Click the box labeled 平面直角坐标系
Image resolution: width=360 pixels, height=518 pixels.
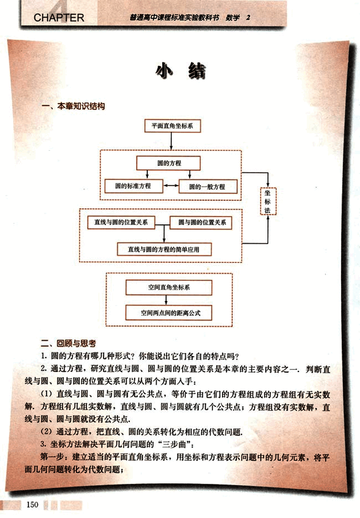(x=172, y=126)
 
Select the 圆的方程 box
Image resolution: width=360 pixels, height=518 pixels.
(x=169, y=163)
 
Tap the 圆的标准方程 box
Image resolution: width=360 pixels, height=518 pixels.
(x=134, y=186)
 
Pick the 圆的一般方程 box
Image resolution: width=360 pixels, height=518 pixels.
(x=208, y=187)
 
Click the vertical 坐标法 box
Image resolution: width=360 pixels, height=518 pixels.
(x=268, y=201)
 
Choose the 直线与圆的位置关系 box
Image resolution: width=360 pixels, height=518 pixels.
(x=121, y=223)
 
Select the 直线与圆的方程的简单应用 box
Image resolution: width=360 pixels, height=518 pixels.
(x=164, y=249)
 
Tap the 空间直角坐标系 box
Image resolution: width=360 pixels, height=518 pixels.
(x=169, y=287)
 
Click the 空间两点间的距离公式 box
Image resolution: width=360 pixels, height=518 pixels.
(x=169, y=312)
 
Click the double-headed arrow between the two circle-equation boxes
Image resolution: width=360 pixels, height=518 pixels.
(x=171, y=186)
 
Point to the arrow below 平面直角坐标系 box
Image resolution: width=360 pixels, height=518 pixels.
(x=172, y=141)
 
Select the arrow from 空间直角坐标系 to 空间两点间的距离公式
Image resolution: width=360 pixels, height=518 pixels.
(x=169, y=300)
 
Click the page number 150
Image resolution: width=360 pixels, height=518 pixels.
(x=33, y=505)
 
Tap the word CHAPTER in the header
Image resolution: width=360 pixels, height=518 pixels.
(x=59, y=18)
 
